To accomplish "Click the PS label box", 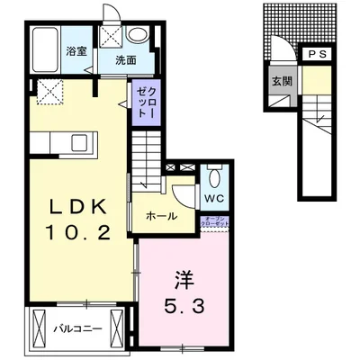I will tap(316, 56).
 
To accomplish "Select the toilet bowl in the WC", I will tap(213, 175).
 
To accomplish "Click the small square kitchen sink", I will tap(78, 141).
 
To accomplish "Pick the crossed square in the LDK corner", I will tap(48, 88).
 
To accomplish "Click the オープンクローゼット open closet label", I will tap(216, 222).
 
